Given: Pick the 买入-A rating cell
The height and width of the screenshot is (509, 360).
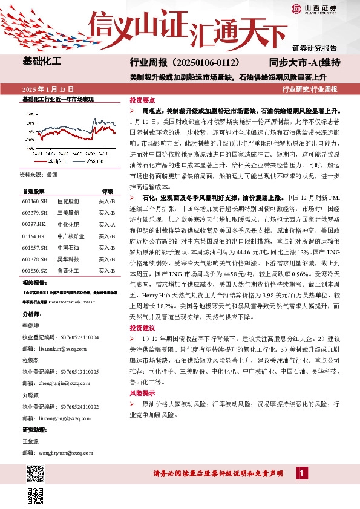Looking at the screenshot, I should click(107, 224).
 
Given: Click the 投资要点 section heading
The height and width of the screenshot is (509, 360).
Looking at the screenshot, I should click(142, 100).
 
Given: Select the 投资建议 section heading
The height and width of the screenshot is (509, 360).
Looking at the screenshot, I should click(142, 328).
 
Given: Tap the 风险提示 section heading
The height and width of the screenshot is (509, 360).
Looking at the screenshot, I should click(142, 392).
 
